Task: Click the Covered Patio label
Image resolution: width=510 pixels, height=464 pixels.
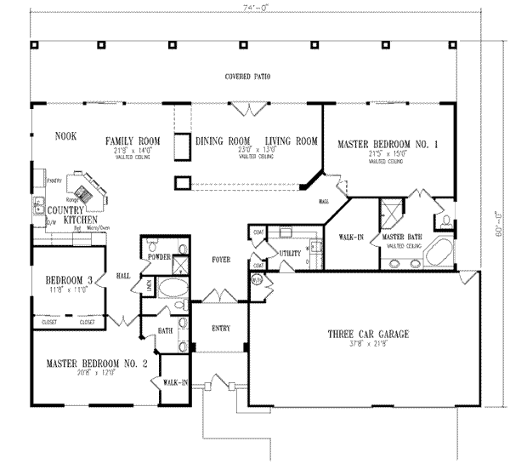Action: pos(247,77)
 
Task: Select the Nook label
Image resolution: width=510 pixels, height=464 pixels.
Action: pos(65,135)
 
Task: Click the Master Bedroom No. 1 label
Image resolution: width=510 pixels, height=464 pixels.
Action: pos(387,145)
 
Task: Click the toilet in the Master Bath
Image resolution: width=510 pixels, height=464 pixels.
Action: pos(447,221)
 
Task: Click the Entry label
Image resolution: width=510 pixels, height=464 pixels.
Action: pos(219,326)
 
